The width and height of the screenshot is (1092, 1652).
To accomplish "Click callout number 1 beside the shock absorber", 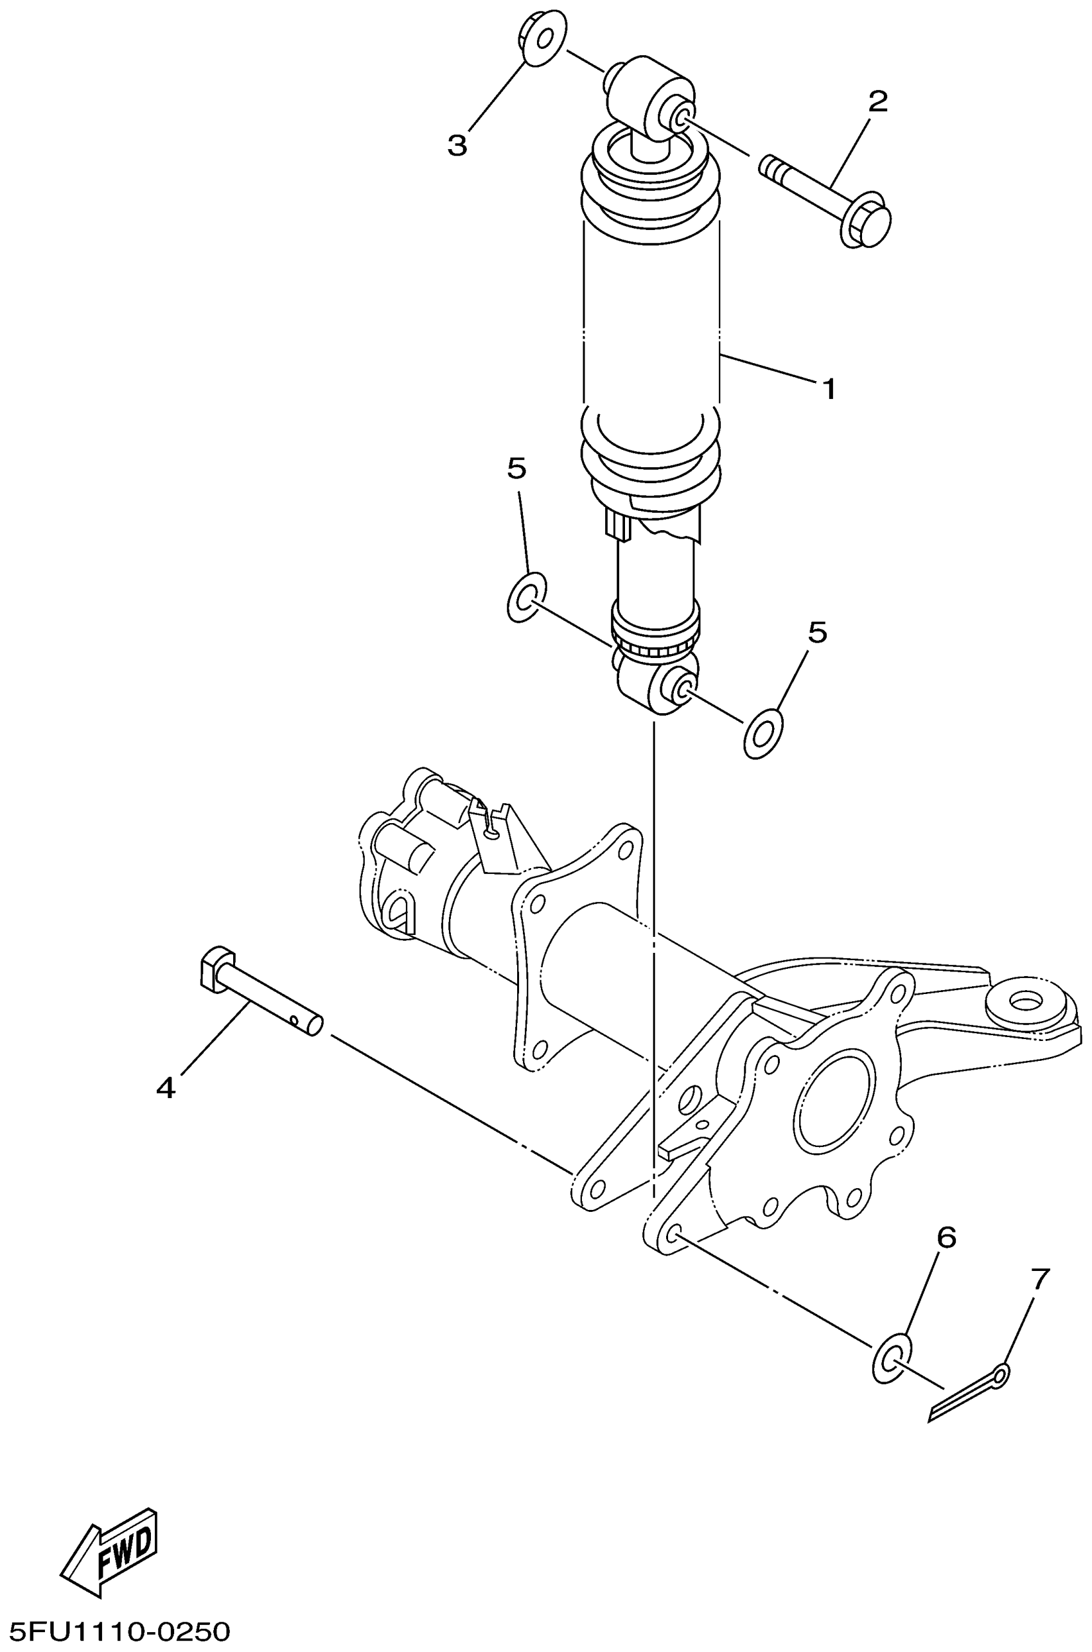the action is click(829, 389).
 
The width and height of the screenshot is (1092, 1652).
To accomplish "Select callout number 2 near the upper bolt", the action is click(878, 102).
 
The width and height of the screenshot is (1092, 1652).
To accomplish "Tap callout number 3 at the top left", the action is click(457, 146).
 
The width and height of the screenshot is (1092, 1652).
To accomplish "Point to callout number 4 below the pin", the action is click(166, 1087).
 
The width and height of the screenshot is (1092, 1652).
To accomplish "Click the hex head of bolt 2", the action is click(870, 224).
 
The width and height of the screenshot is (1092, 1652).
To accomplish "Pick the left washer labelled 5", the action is click(526, 597).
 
